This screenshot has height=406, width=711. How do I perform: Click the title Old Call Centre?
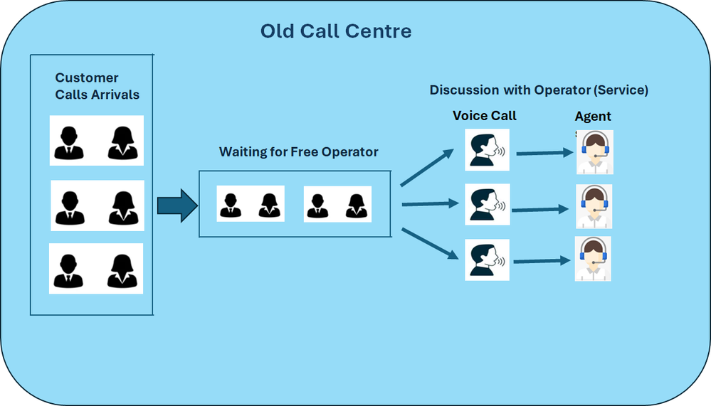(x=336, y=31)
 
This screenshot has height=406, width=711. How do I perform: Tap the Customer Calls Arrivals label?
(x=97, y=86)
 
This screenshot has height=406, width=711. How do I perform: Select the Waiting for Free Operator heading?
(x=298, y=151)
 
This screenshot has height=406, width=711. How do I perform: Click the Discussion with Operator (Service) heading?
(x=539, y=90)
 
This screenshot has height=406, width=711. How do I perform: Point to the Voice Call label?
(x=484, y=116)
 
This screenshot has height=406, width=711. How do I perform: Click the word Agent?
(x=593, y=117)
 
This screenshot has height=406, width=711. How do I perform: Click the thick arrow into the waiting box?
(x=178, y=205)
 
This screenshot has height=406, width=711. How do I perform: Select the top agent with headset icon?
(x=595, y=152)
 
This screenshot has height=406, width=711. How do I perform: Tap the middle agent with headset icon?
(x=594, y=206)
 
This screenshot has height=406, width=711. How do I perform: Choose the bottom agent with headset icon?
(x=593, y=259)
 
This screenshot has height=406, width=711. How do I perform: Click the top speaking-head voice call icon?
(x=487, y=150)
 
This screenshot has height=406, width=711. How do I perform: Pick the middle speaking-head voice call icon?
(x=488, y=204)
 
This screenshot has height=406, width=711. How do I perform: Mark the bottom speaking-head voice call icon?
(x=487, y=260)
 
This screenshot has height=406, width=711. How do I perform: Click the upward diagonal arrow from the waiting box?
(x=427, y=167)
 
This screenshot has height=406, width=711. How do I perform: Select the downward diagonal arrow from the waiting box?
(x=430, y=244)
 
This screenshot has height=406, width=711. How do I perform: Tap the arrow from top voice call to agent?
(x=545, y=153)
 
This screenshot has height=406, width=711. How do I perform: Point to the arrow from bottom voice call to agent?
(x=542, y=261)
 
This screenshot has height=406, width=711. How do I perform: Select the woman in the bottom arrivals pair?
(x=122, y=271)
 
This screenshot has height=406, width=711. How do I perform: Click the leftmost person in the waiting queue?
(x=231, y=205)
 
